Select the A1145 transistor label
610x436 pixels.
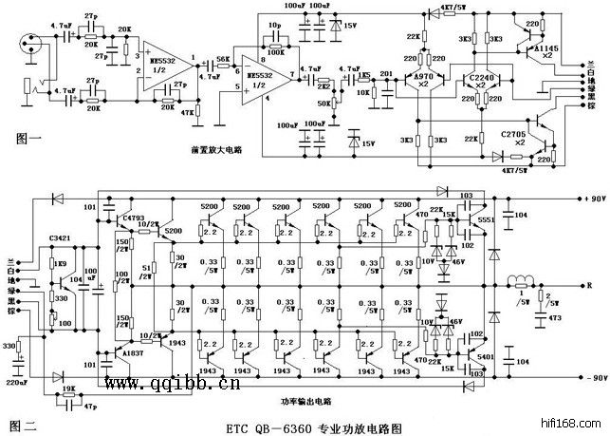tap(545, 47)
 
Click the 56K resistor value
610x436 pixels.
tap(224, 58)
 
